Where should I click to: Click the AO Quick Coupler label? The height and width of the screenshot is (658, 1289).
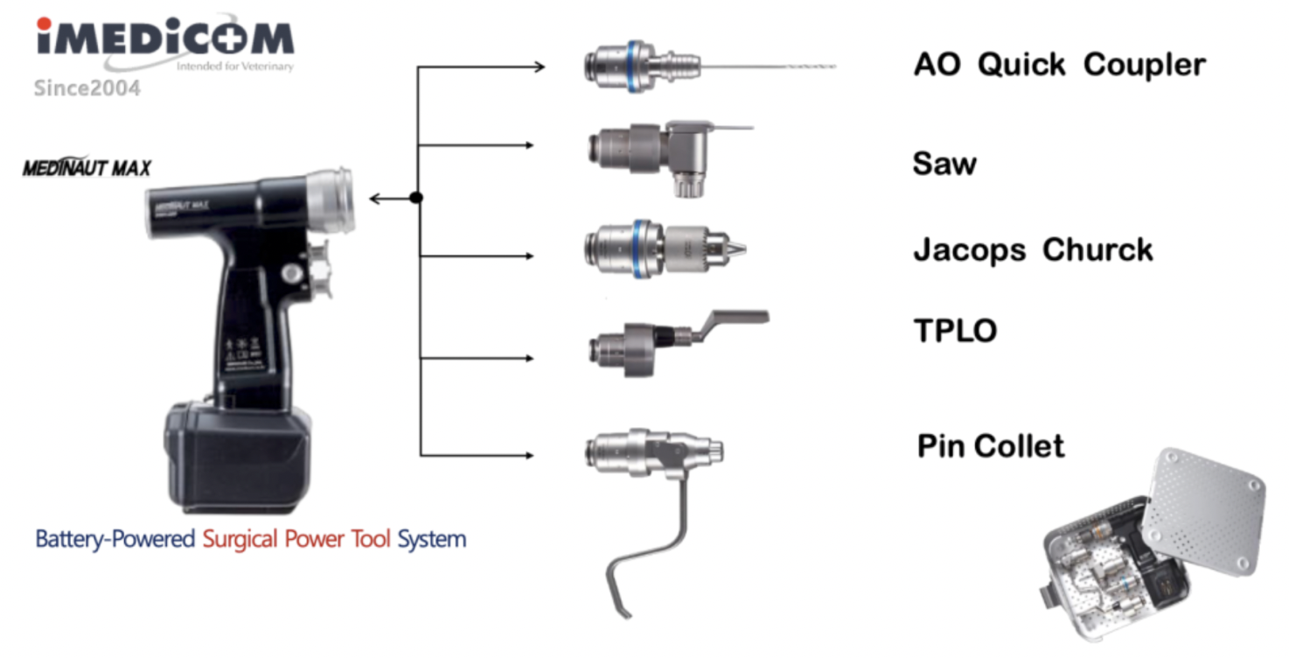click(x=1059, y=65)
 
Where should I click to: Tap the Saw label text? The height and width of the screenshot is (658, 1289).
click(x=944, y=164)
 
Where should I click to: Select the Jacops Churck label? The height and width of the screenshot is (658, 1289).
click(x=1033, y=250)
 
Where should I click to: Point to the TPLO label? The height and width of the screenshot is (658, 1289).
click(x=955, y=331)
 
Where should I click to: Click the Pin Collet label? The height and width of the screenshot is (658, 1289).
click(x=991, y=446)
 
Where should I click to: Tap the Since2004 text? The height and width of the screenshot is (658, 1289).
click(x=87, y=88)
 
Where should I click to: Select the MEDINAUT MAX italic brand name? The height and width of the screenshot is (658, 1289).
click(x=87, y=168)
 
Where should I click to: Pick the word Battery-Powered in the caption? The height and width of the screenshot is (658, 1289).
click(x=115, y=538)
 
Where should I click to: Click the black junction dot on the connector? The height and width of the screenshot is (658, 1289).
click(x=416, y=198)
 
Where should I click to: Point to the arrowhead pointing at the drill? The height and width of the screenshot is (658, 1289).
click(x=376, y=199)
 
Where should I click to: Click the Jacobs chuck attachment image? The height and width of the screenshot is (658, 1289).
click(x=665, y=248)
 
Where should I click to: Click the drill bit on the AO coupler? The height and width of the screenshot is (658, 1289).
click(x=770, y=66)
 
